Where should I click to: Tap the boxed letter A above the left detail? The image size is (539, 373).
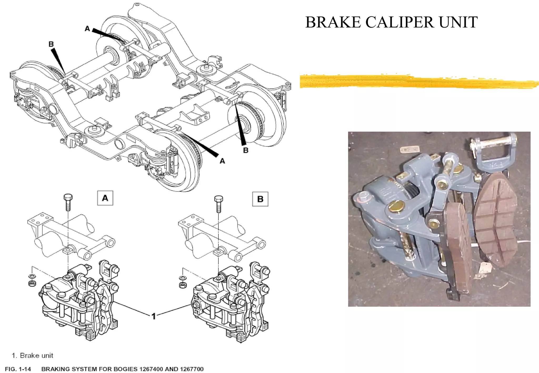pos(105,198)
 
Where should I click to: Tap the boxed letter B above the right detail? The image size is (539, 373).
pos(260,199)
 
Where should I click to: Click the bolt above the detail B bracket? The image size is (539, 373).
pos(219,204)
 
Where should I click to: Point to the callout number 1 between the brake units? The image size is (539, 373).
pos(154,316)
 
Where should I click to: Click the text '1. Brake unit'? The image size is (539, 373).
pos(32,356)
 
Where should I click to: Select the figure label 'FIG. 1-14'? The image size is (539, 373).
pos(18,369)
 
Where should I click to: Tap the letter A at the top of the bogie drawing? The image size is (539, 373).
pos(87,29)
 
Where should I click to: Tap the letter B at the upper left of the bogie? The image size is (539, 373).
pos(51,44)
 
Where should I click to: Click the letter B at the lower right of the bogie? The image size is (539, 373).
pos(246,150)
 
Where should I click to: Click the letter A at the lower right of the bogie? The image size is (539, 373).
pos(222,161)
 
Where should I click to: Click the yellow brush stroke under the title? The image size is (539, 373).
pos(418,81)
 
